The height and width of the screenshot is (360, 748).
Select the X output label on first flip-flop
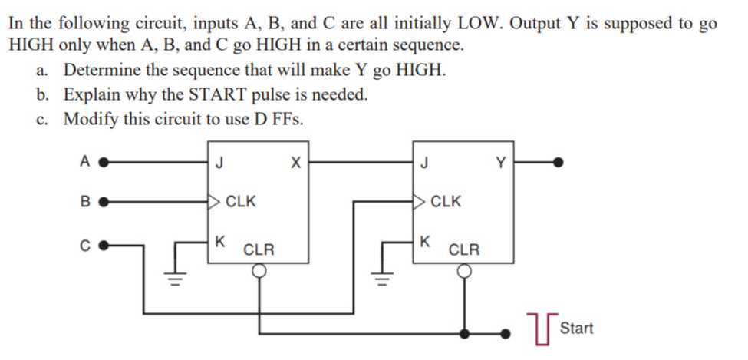(295, 162)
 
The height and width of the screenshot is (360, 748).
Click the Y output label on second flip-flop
(501, 162)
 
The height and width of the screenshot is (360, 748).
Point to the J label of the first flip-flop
(221, 162)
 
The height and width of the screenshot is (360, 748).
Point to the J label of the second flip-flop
(425, 162)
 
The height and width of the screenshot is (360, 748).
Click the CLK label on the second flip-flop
(446, 203)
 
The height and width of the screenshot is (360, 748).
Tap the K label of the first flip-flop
(221, 241)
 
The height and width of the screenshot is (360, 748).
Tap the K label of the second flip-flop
(425, 241)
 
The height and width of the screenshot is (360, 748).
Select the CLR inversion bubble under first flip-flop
(260, 270)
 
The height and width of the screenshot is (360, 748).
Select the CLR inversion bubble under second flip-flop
(464, 270)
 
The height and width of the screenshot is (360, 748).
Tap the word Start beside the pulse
(576, 329)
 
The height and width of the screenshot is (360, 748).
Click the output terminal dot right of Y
(560, 162)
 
